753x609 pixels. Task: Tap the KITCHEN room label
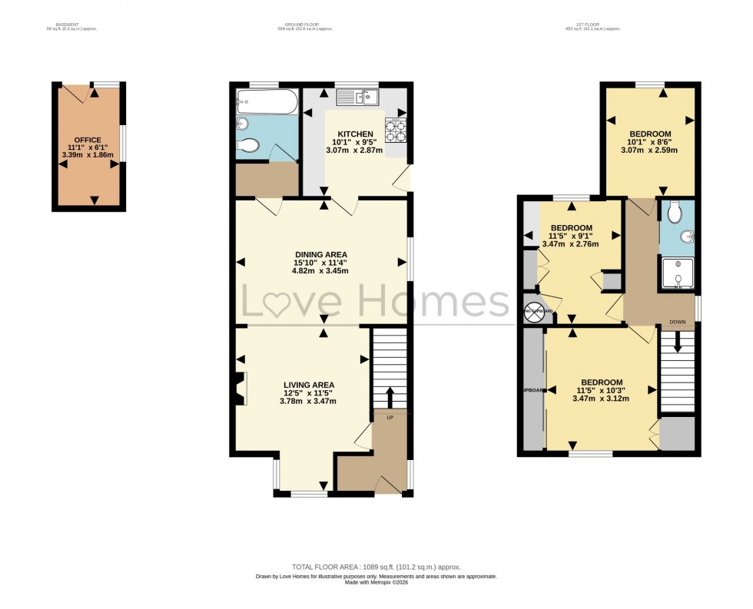[x=353, y=134]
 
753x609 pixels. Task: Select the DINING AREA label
[x=321, y=254]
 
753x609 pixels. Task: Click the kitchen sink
[x=358, y=97]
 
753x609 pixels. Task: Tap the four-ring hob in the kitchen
[x=395, y=130]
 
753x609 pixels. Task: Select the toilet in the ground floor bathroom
[x=248, y=145]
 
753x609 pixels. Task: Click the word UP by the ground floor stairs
[x=390, y=418]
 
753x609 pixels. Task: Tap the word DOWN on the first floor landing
[x=677, y=323]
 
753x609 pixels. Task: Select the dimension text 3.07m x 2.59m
[x=651, y=150]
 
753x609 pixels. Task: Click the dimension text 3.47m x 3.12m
[x=602, y=399]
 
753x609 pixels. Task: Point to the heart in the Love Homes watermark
[x=278, y=303]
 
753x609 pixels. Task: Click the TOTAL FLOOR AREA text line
[x=376, y=567]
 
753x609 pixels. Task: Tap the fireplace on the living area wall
[x=241, y=388]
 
